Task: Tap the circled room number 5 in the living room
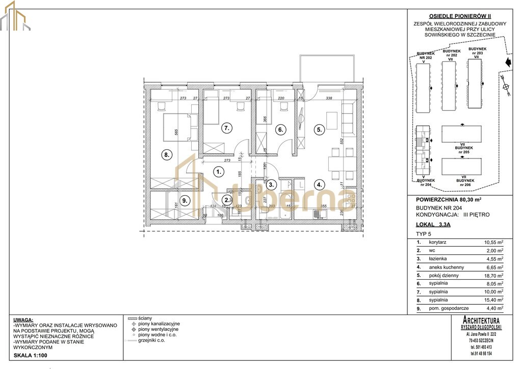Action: coord(319,130)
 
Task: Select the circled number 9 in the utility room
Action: coord(185,201)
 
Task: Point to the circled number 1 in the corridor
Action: coord(218,172)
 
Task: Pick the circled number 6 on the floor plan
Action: coord(280,130)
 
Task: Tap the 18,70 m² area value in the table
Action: coord(492,275)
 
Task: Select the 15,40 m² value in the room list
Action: coord(492,300)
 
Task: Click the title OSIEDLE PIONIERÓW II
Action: coord(456,16)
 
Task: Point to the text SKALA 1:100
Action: coord(31,355)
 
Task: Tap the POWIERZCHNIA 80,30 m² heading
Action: coord(449,200)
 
